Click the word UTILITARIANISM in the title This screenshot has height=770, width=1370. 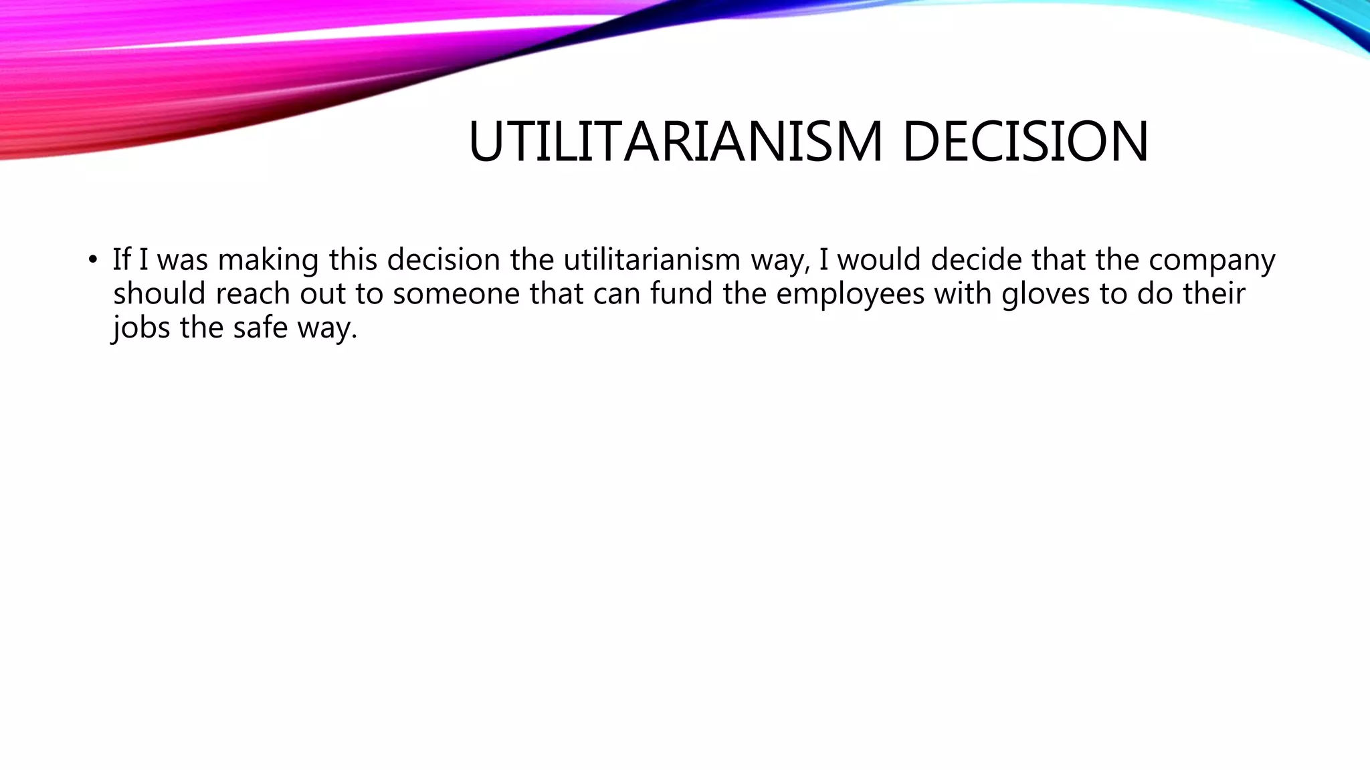(676, 142)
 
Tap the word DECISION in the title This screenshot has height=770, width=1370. (1025, 142)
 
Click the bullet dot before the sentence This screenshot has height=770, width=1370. (92, 259)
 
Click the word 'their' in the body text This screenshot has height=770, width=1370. (1213, 293)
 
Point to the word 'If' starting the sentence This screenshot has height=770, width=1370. (121, 259)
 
